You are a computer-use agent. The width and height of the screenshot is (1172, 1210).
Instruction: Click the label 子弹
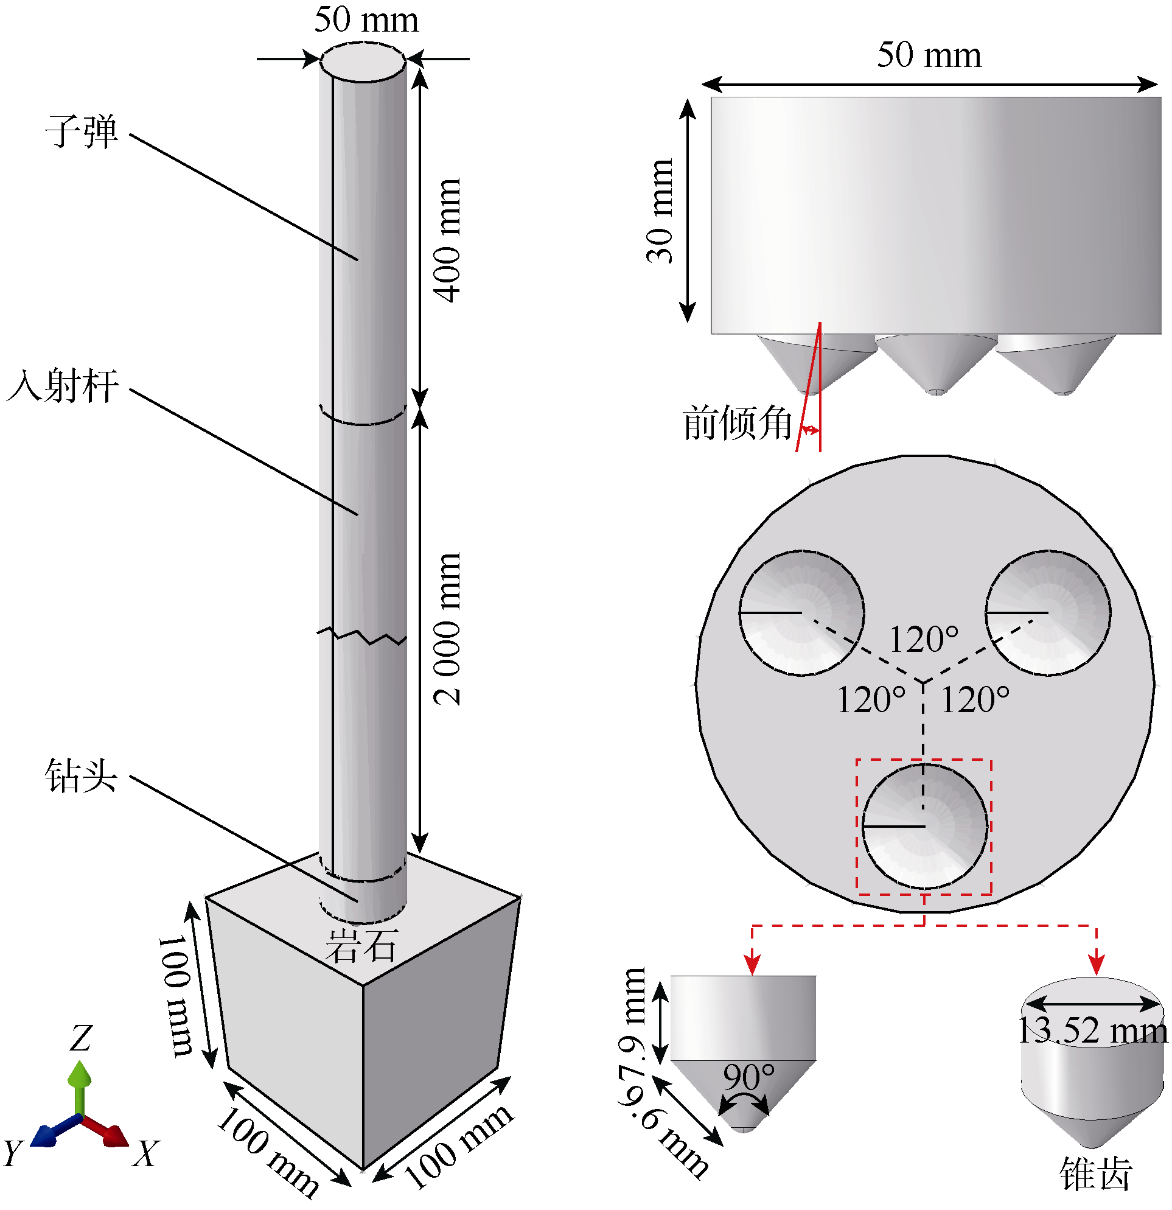click(81, 131)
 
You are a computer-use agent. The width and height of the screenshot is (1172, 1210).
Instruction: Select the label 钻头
click(81, 775)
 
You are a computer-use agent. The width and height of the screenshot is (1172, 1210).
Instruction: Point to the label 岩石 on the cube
click(361, 946)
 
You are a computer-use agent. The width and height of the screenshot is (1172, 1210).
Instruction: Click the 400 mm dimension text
click(447, 241)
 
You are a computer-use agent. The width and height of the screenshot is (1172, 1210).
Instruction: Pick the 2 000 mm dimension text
click(447, 630)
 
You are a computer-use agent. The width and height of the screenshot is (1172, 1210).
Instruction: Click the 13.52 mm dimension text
click(1091, 1031)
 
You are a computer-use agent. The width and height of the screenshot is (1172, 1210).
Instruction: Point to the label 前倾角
click(737, 424)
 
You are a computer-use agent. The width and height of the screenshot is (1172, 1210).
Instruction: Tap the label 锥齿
click(1096, 1173)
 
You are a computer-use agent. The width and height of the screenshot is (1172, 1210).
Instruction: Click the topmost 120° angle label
click(923, 640)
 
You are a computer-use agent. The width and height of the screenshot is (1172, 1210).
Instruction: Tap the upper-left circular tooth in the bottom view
click(801, 612)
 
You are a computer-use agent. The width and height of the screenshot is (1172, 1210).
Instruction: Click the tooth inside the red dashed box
click(924, 826)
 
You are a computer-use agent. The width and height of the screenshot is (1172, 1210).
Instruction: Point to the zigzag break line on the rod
click(362, 636)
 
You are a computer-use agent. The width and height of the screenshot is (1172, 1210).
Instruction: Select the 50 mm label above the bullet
click(366, 19)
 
